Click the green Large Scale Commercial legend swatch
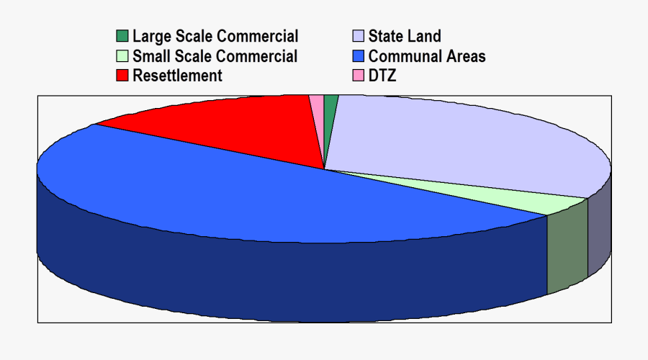[122, 37]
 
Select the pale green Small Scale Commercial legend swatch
[122, 56]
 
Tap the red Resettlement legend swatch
[122, 76]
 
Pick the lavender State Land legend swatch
[358, 37]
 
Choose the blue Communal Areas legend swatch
[358, 56]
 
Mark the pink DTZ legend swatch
[358, 76]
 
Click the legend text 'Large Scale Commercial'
[215, 37]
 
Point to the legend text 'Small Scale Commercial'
[215, 56]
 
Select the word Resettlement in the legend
[178, 76]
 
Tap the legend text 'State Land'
[405, 37]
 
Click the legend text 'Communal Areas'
[427, 56]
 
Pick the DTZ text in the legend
[382, 76]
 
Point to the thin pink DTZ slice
[318, 108]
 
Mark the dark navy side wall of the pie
[288, 281]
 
